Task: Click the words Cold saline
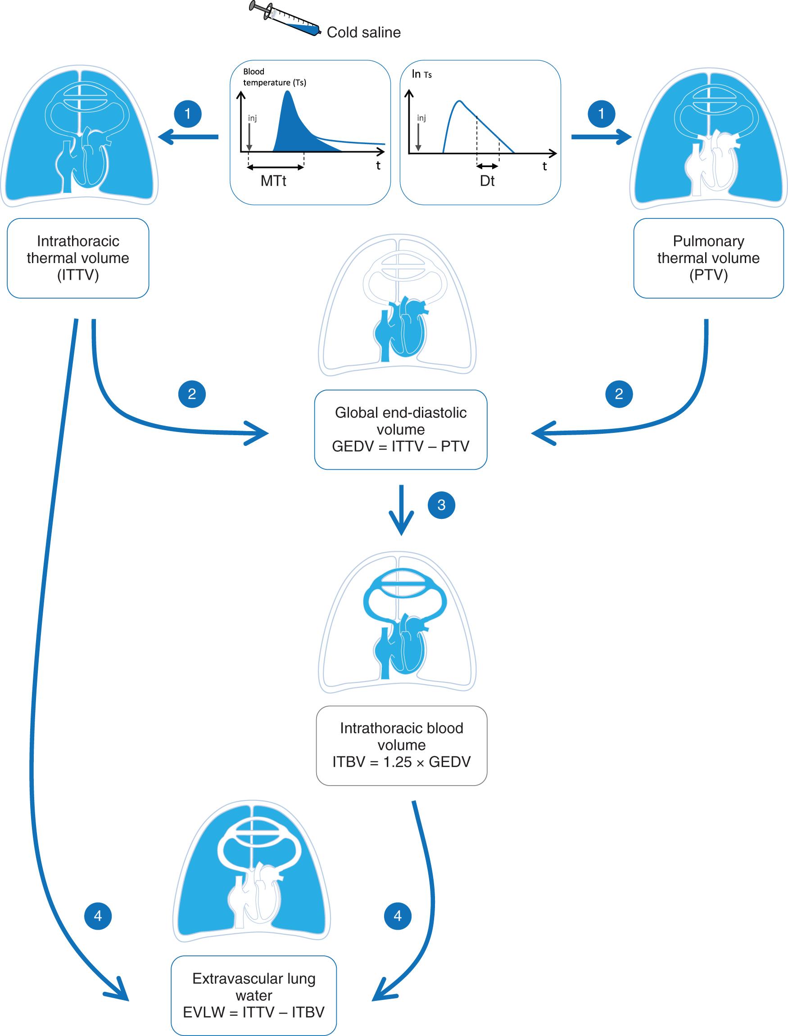tap(363, 32)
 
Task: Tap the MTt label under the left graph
tap(273, 181)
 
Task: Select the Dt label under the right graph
tap(487, 181)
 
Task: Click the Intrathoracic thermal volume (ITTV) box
tap(78, 258)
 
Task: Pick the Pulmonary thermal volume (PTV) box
tap(708, 258)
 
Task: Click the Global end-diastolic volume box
tap(401, 429)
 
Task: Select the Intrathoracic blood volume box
tap(402, 745)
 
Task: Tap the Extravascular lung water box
tap(254, 995)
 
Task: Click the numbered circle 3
tap(441, 505)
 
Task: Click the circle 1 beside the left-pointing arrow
tap(188, 114)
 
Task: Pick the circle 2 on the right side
tap(619, 394)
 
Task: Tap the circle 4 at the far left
tap(98, 915)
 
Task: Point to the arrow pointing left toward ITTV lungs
tap(188, 137)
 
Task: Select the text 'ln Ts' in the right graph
tap(421, 74)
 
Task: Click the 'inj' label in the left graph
tap(252, 118)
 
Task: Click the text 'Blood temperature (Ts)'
tap(274, 77)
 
